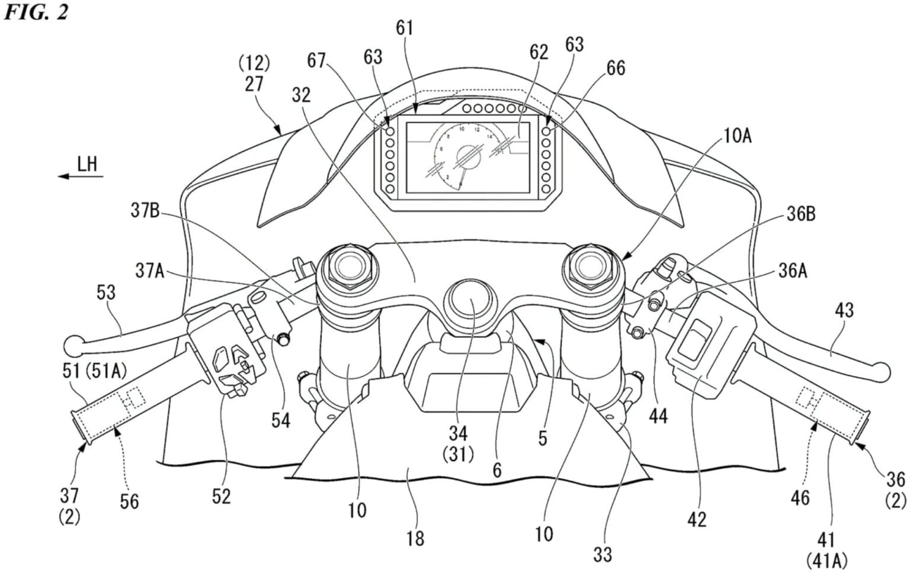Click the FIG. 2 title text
[37, 12]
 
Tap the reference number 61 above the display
[405, 28]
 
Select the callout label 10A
[736, 136]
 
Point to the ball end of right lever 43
[882, 372]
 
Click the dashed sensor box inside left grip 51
[133, 397]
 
